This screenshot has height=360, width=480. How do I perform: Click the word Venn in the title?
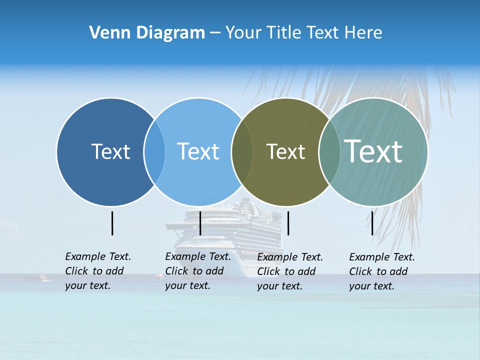tap(105, 33)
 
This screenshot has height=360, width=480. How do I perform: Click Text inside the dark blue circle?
tap(110, 151)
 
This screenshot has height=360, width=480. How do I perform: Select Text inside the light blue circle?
tap(198, 151)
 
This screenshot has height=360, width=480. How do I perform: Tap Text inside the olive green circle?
tap(285, 151)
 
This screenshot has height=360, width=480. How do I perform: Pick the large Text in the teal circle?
tap(373, 151)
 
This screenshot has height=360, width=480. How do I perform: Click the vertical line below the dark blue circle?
tap(112, 223)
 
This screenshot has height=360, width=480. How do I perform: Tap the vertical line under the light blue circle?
tap(200, 223)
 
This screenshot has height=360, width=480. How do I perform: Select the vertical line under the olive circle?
tap(288, 223)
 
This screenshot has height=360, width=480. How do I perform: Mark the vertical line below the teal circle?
tap(372, 223)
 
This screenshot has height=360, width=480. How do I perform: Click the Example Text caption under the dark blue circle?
tap(98, 271)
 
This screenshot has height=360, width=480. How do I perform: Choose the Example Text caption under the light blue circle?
tap(198, 271)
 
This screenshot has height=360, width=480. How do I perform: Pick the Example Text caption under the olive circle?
tap(290, 271)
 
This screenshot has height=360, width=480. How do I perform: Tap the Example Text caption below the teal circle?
tap(382, 271)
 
